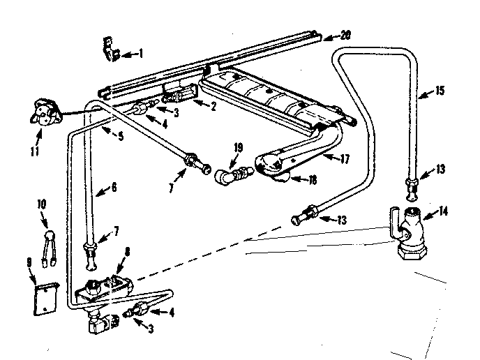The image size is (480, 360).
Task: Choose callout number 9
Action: tap(29, 262)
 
